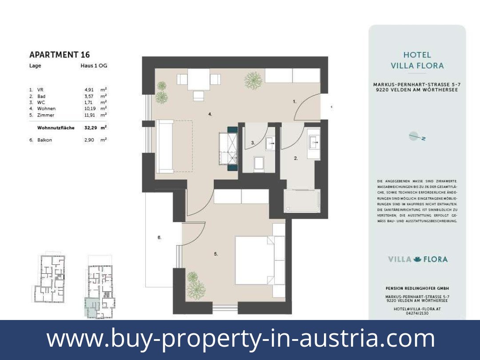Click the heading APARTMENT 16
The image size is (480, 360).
(59, 55)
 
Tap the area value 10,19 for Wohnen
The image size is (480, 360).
(89, 108)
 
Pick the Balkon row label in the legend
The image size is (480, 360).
(44, 140)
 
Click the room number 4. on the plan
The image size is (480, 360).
(210, 114)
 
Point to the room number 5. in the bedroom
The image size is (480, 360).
(216, 254)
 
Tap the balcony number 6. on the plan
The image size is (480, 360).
(159, 238)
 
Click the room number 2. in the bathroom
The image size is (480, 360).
(296, 158)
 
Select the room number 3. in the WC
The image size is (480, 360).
(253, 143)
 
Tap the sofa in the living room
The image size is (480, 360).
(165, 146)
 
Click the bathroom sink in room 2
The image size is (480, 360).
(314, 142)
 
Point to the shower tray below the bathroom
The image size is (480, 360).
(301, 201)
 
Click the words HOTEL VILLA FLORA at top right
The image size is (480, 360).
(417, 60)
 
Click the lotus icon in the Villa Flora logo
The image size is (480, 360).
(417, 259)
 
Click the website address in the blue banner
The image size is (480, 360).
(240, 338)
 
